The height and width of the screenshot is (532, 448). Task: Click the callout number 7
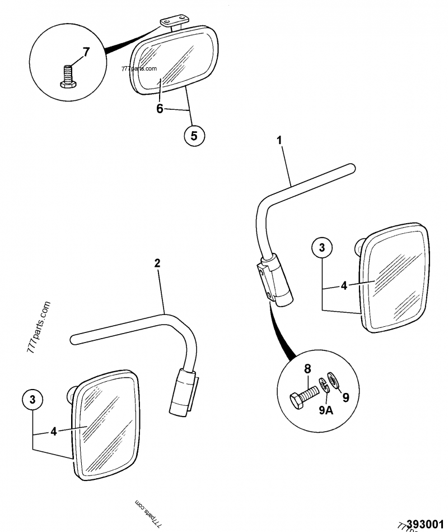(x=86, y=53)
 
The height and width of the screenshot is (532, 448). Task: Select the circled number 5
(x=194, y=135)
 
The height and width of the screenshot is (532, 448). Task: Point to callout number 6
(x=160, y=109)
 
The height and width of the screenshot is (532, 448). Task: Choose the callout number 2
(x=157, y=263)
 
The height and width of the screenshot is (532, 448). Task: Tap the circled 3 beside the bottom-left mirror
(x=32, y=400)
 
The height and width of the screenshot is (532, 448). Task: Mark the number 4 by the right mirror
(x=344, y=285)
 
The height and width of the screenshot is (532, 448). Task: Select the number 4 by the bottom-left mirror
(x=53, y=432)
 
